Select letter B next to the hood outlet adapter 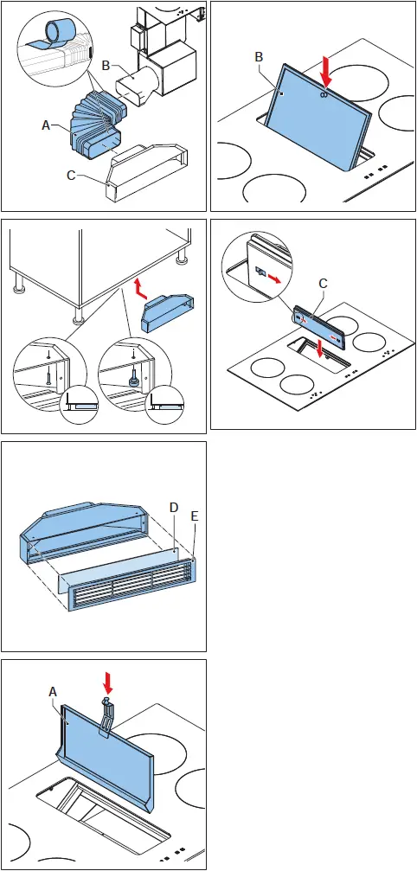(x=105, y=64)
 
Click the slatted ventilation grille (x=130, y=587)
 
